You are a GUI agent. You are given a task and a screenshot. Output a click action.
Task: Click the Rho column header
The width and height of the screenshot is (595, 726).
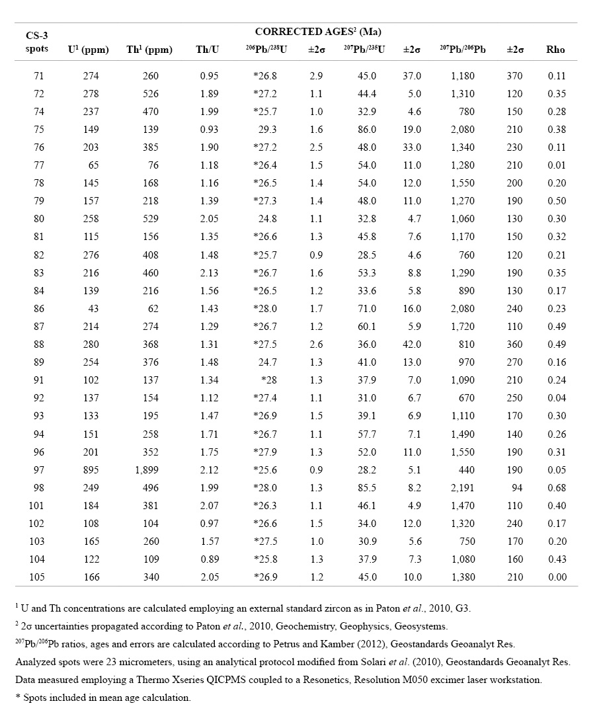tap(556, 50)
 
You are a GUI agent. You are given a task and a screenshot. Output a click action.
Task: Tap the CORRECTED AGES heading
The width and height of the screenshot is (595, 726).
tap(318, 32)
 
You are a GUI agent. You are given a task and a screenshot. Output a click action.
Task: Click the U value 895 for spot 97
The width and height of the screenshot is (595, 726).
tap(91, 469)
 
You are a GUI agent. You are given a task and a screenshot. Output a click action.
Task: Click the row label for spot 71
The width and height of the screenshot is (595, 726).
tap(38, 76)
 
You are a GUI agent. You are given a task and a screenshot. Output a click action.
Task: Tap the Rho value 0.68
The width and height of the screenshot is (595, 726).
tap(557, 487)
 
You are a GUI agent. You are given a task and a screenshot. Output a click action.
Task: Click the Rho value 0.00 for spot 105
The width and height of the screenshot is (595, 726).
tap(557, 577)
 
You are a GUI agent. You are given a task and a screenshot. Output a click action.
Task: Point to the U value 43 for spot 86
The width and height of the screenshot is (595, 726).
tap(93, 308)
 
